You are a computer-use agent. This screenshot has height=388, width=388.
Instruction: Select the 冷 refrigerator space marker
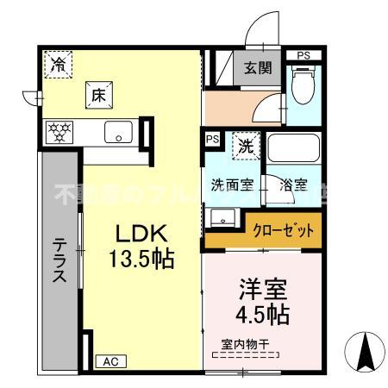pyautogui.click(x=58, y=63)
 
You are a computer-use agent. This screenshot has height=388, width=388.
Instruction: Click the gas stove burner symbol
pyautogui.click(x=59, y=133)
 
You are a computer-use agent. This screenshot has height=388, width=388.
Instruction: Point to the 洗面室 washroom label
pyautogui.click(x=232, y=185)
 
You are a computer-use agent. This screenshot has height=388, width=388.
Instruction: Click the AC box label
pyautogui.click(x=109, y=362)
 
